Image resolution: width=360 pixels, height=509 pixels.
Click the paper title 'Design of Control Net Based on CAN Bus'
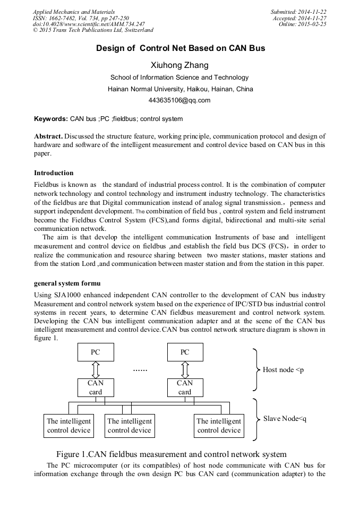(x=181, y=48)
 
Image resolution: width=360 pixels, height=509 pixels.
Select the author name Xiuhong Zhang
(x=180, y=65)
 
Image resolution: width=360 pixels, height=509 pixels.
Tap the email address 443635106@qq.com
(x=180, y=100)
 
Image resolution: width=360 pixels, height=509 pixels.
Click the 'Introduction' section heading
(x=54, y=172)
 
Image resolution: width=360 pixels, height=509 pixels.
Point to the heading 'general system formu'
(x=67, y=283)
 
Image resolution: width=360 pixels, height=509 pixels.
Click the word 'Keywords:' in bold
(x=51, y=119)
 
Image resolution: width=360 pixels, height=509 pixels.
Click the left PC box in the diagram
(x=96, y=352)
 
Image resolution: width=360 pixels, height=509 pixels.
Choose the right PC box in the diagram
(x=185, y=352)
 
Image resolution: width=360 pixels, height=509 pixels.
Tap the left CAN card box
(x=96, y=387)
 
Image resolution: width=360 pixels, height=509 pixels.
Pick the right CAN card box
(x=185, y=387)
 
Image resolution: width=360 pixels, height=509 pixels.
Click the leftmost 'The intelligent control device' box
(x=68, y=426)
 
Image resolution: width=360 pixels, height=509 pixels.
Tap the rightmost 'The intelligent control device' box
(x=219, y=426)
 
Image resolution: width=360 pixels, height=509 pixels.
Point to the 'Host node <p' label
(x=283, y=369)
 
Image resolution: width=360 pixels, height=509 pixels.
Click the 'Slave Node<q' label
(x=285, y=419)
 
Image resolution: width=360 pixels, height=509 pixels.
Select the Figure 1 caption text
(x=171, y=454)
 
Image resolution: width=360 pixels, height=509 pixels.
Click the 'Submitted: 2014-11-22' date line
(x=298, y=12)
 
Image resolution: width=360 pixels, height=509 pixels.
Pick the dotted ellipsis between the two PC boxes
(x=140, y=369)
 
